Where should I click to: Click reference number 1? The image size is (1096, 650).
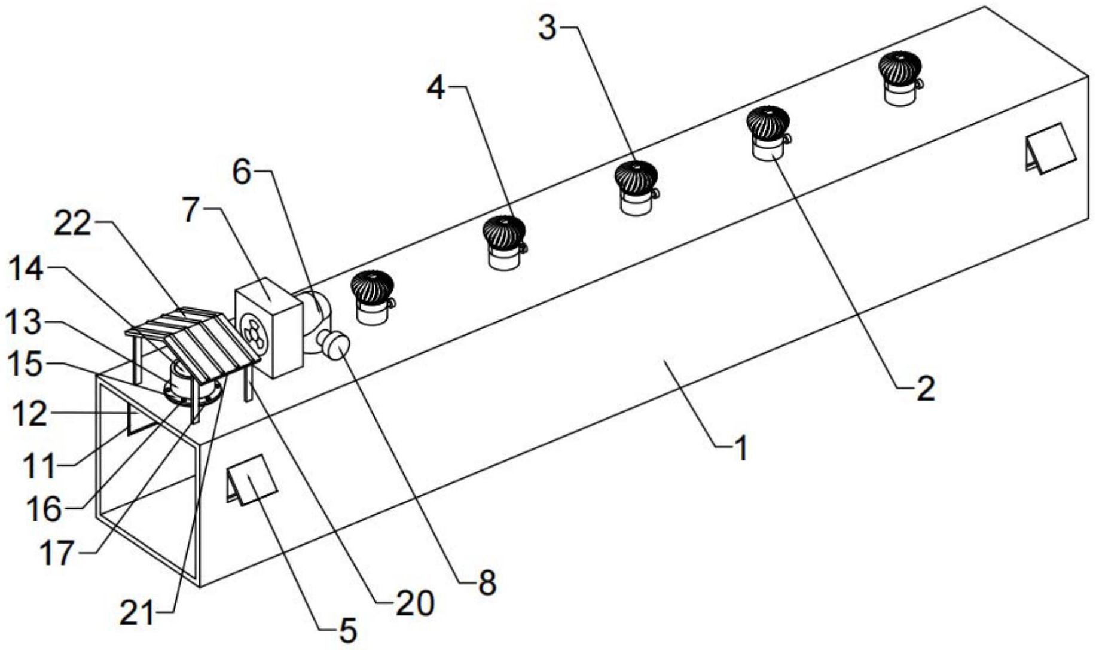tap(740, 448)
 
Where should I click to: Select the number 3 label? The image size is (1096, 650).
tap(548, 28)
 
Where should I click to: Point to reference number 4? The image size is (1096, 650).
tap(436, 88)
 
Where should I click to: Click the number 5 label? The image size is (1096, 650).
tap(348, 629)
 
